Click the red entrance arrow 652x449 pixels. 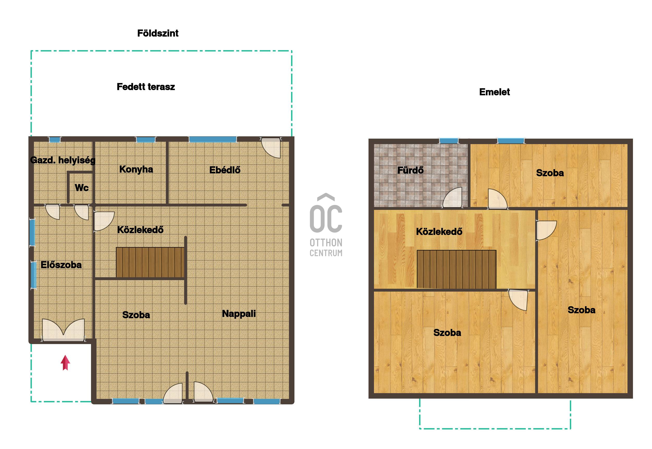click(x=65, y=363)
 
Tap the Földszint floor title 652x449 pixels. click(x=158, y=33)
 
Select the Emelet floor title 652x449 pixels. click(x=494, y=92)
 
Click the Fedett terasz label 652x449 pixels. click(x=146, y=87)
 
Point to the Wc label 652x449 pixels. click(x=81, y=188)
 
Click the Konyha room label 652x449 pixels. click(x=136, y=169)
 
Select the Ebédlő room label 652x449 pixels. click(x=225, y=170)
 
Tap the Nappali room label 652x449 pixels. click(x=239, y=314)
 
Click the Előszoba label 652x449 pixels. click(x=61, y=265)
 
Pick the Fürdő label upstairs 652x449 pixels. click(x=410, y=170)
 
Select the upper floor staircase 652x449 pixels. click(x=456, y=269)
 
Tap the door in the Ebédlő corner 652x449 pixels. click(x=271, y=148)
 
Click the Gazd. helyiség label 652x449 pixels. click(x=63, y=160)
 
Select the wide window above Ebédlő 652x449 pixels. click(x=213, y=139)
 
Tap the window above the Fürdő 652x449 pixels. click(x=449, y=141)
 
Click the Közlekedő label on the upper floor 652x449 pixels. click(x=439, y=232)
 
